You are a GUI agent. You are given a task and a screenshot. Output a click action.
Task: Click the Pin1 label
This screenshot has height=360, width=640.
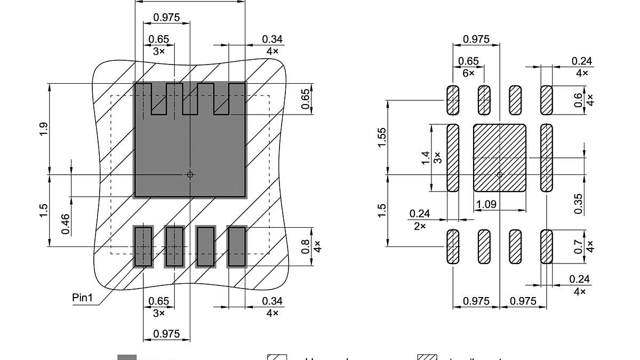point(83,298)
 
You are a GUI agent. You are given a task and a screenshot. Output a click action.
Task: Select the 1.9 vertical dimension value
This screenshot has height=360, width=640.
point(44,129)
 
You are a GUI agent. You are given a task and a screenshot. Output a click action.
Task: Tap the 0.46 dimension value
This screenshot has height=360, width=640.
point(65,223)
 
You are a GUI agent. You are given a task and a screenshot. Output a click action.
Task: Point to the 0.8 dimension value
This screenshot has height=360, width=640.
point(306,246)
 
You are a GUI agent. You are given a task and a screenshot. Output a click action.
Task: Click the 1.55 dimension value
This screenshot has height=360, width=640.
point(382,137)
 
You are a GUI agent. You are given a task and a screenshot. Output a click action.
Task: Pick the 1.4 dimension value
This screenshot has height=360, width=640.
point(425,157)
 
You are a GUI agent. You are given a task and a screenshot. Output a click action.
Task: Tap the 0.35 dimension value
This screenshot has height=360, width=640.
point(579,203)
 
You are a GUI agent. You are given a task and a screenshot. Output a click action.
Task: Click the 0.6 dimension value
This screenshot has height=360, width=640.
point(579,100)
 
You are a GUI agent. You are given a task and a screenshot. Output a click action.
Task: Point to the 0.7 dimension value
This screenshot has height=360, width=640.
point(579,246)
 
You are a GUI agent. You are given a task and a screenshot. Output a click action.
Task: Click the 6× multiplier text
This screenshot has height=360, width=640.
point(468,73)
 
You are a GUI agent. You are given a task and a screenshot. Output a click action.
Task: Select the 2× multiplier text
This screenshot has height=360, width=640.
point(420,226)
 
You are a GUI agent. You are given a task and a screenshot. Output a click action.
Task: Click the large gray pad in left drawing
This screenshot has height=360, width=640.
point(190,155)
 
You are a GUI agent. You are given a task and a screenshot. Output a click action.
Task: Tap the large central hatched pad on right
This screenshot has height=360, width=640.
point(500,158)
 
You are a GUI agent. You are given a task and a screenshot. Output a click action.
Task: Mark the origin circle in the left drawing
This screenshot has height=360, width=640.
point(190,174)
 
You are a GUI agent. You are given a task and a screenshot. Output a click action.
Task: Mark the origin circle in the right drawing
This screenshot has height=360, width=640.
point(500,174)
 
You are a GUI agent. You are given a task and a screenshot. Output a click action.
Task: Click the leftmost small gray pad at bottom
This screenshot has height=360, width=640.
point(143,246)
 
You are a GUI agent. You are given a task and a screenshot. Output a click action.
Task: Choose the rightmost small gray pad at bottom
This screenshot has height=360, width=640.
point(237,246)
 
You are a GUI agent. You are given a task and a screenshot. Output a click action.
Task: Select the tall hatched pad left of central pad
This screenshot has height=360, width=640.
point(453,158)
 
